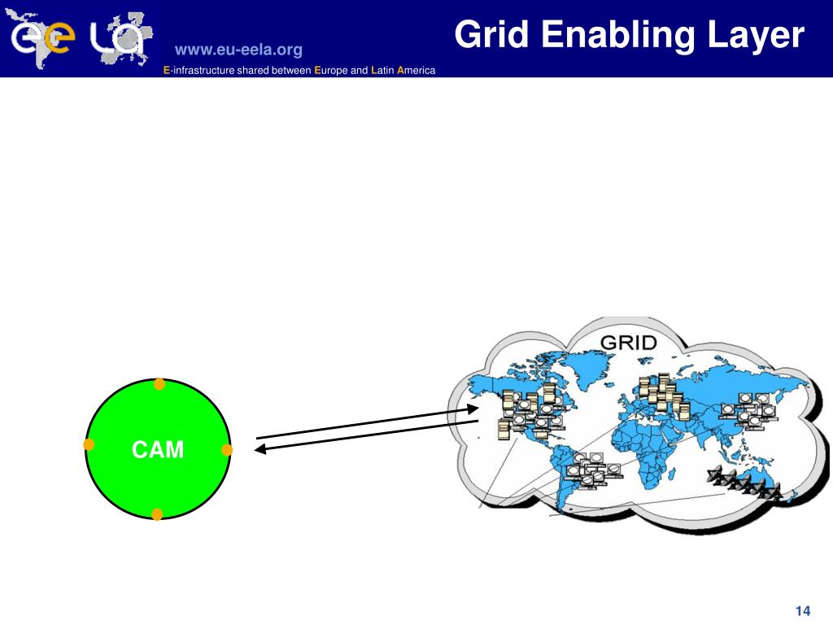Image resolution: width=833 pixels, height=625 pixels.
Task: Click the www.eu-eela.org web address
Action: (x=238, y=50)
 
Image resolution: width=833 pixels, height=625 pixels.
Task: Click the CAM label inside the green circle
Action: (x=159, y=449)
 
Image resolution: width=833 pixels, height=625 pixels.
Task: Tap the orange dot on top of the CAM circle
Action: (x=159, y=383)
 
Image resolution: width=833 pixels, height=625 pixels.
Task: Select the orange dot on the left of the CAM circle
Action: (x=89, y=444)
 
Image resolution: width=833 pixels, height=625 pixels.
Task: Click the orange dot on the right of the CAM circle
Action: (x=227, y=449)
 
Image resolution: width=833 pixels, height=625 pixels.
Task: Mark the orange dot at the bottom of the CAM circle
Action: (x=157, y=514)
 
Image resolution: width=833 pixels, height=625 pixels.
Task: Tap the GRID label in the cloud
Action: (x=628, y=342)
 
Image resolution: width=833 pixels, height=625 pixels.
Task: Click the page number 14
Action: (x=803, y=611)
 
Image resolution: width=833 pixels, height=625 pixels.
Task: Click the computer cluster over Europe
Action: (x=661, y=393)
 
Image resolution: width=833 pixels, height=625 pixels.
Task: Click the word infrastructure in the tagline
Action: (x=203, y=71)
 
